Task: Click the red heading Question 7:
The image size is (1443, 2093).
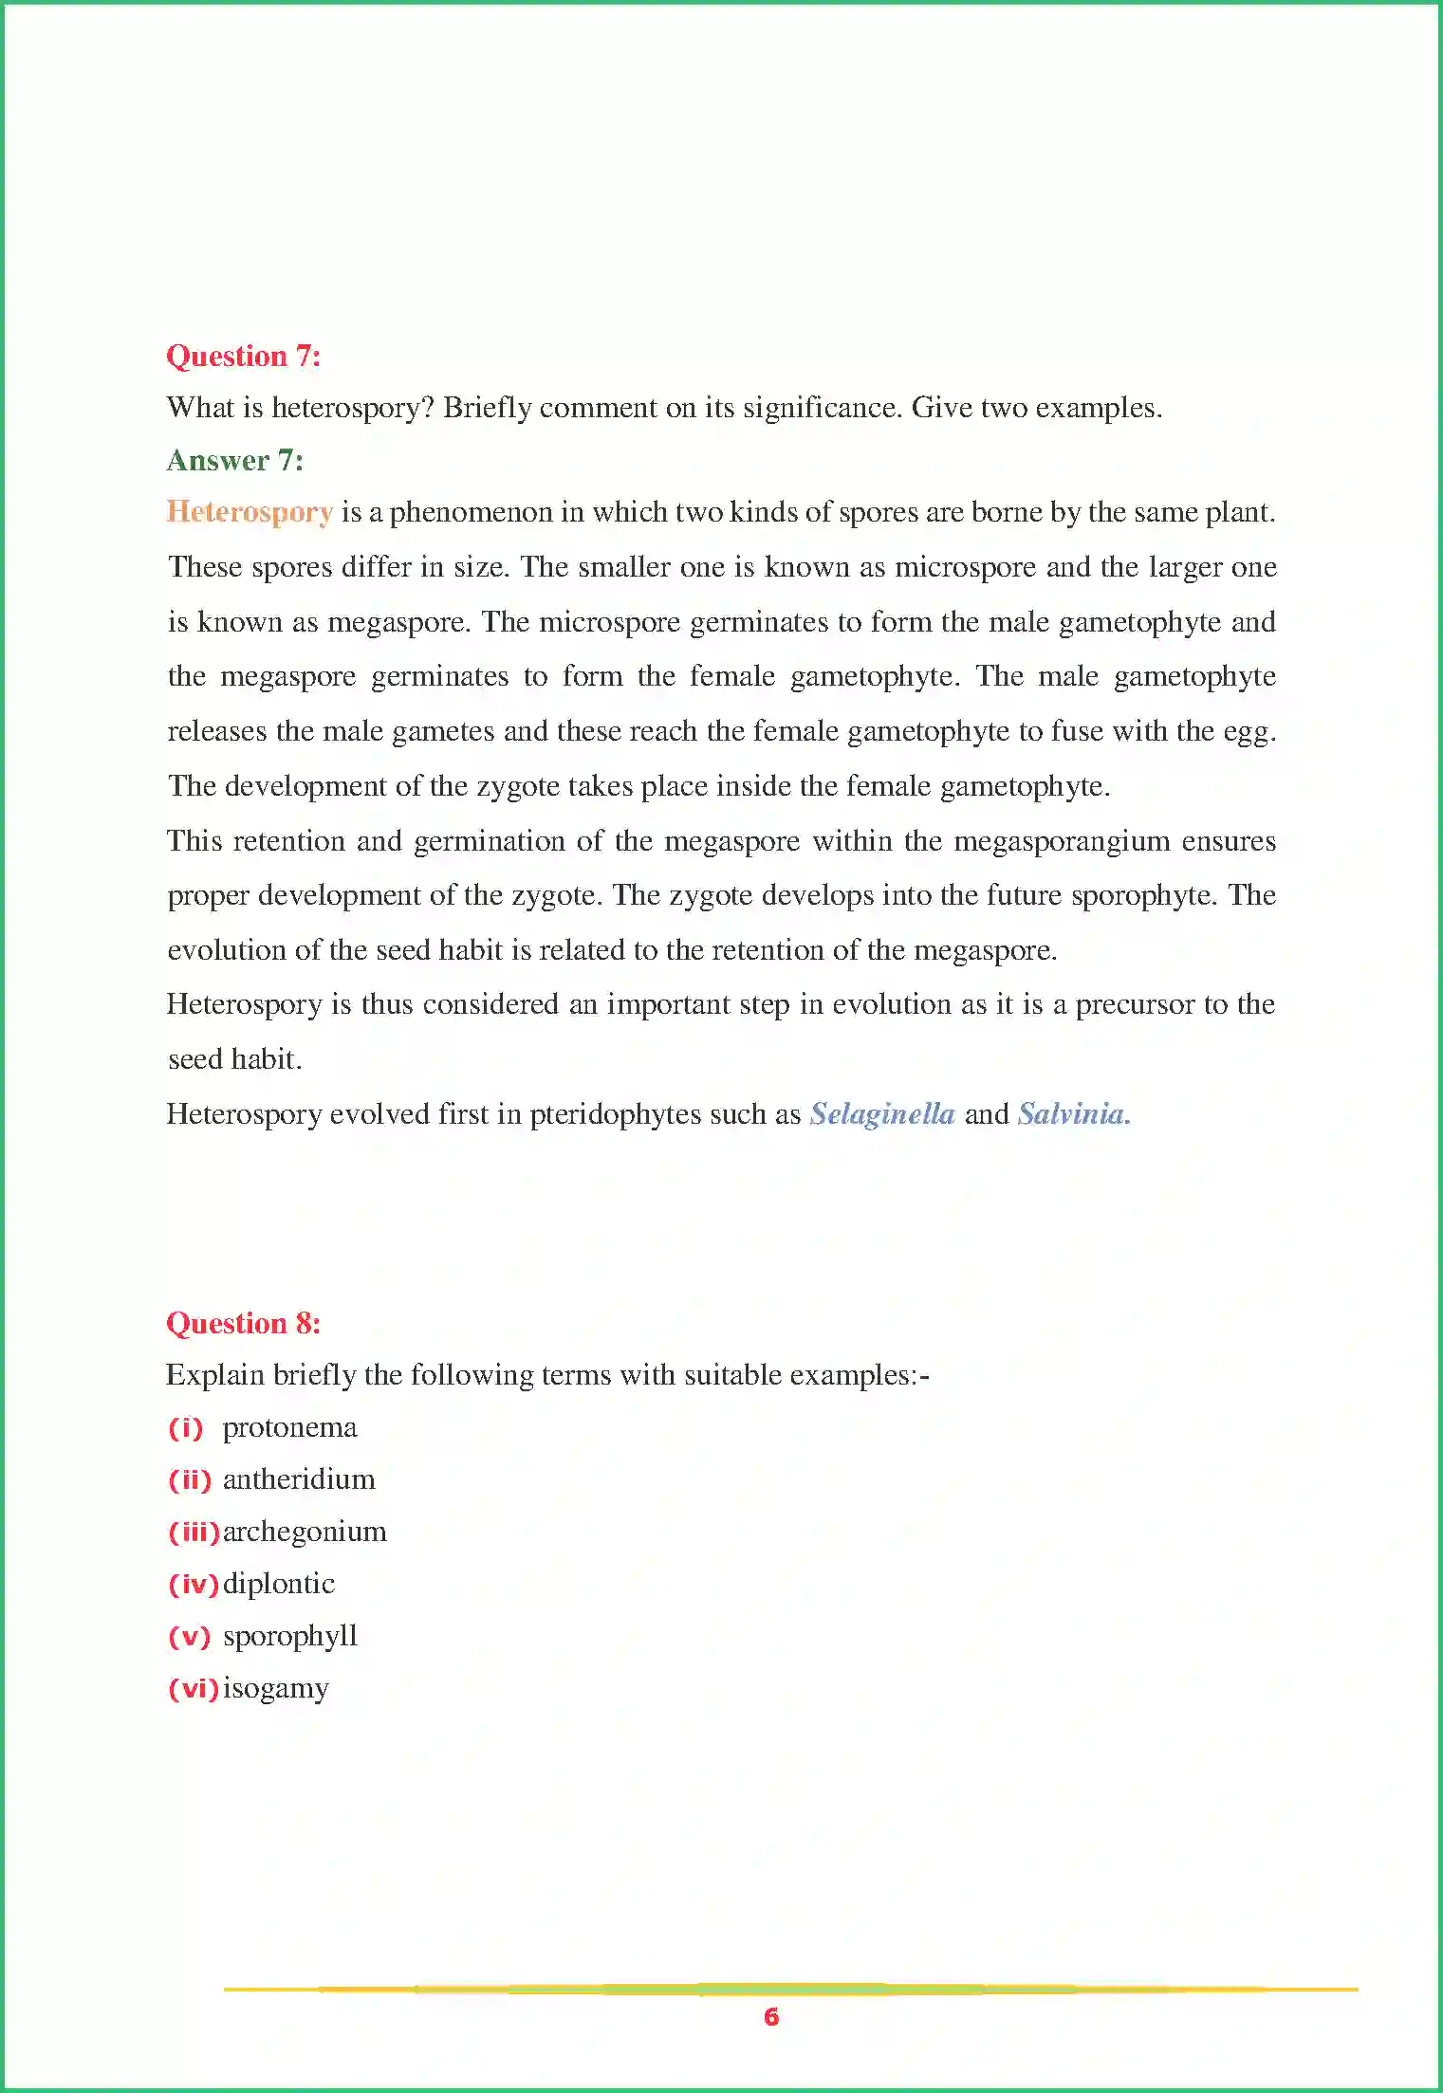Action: pos(243,357)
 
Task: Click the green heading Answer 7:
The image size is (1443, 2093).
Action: pos(234,461)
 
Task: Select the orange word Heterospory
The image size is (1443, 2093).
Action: pos(250,512)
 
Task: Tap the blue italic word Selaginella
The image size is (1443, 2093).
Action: pos(881,1114)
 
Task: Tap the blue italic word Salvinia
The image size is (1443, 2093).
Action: pos(1073,1114)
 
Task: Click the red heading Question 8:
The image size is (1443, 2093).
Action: pos(243,1324)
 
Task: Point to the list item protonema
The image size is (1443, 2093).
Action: pos(289,1428)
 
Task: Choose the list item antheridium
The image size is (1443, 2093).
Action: pos(299,1480)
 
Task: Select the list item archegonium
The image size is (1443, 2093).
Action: pos(305,1533)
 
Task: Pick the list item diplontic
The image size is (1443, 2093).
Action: pos(278,1585)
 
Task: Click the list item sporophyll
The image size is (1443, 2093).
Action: pos(290,1637)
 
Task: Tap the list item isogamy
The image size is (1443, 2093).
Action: pos(275,1689)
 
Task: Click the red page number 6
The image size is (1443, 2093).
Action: pos(770,2017)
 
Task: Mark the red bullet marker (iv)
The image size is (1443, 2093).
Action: pos(194,1585)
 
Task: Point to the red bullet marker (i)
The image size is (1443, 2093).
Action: pos(186,1428)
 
